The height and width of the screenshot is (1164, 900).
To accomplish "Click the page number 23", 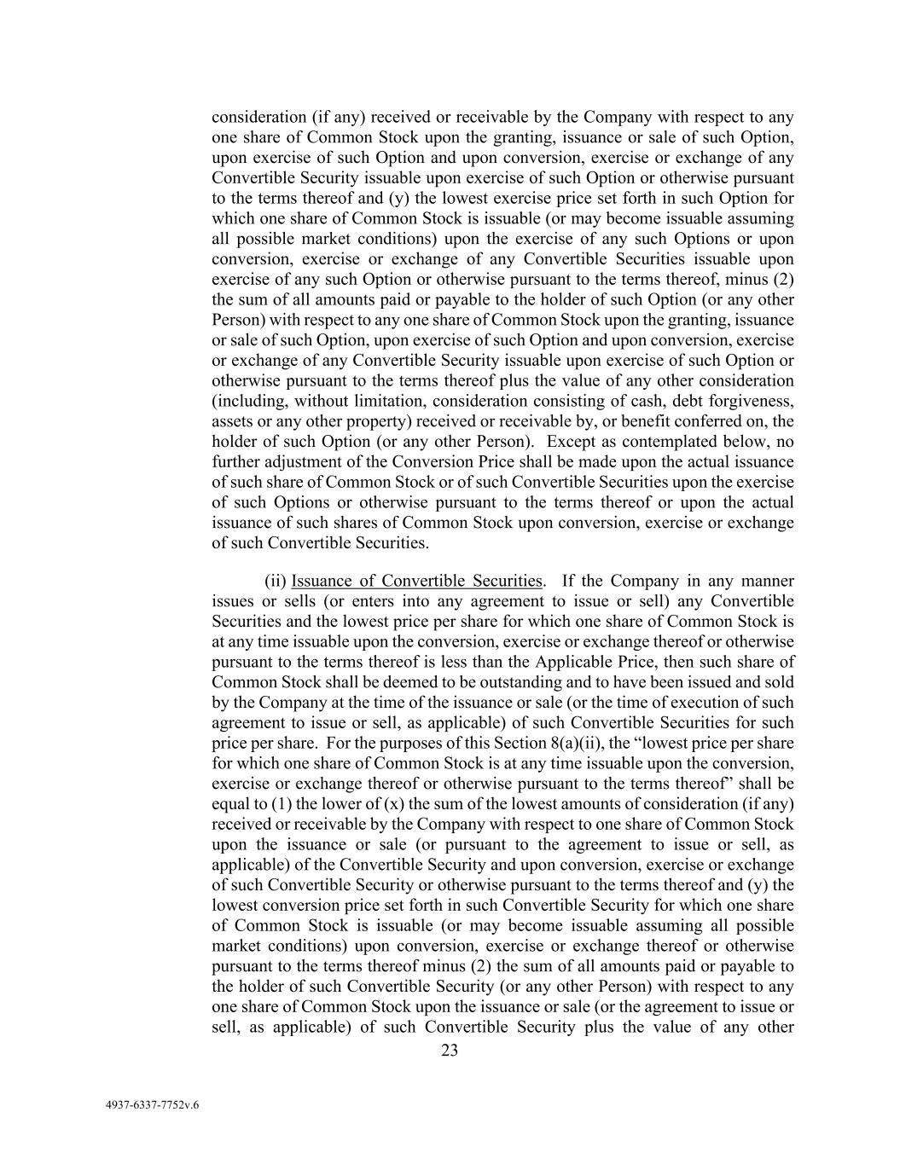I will tap(450, 1051).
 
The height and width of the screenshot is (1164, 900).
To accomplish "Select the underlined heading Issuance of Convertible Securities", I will tap(417, 582).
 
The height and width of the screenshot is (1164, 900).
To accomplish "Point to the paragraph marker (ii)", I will tap(276, 582).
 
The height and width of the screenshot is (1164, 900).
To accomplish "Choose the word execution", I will tap(705, 703).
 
